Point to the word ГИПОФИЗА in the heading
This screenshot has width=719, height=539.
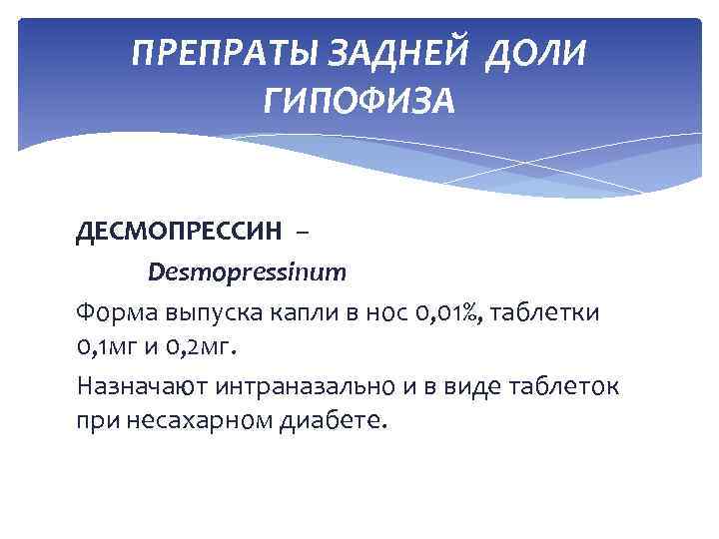[359, 99]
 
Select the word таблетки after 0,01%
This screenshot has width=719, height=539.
[544, 312]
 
